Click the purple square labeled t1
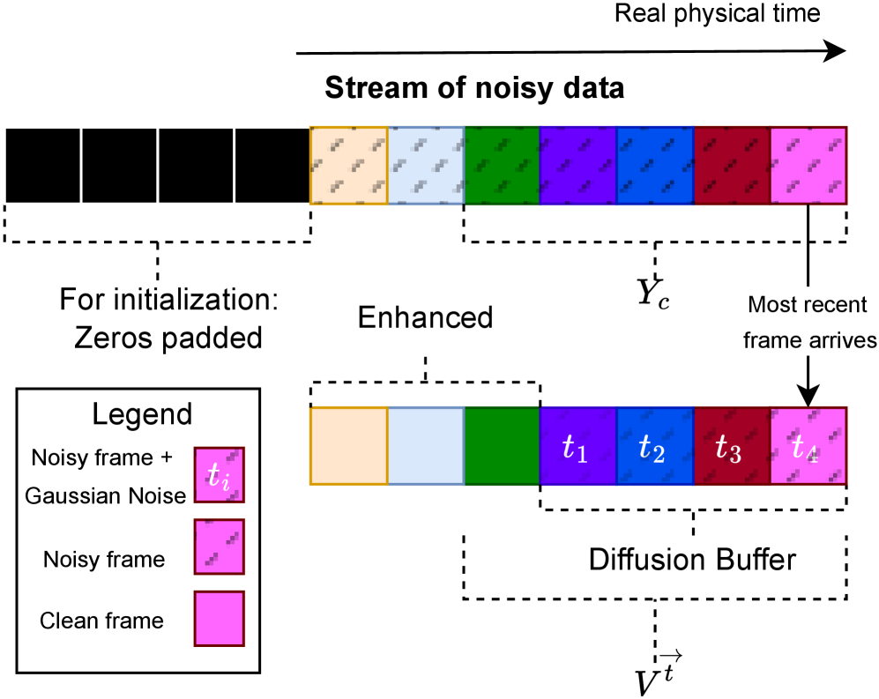tap(577, 446)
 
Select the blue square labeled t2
tap(654, 446)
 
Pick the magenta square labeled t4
tap(808, 446)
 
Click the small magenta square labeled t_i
tap(220, 474)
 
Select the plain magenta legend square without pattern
tap(220, 618)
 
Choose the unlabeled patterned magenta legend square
tap(220, 547)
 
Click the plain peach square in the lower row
tap(348, 446)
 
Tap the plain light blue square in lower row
tap(425, 446)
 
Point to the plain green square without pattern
tap(502, 446)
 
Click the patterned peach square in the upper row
tap(348, 166)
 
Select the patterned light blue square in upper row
tap(425, 166)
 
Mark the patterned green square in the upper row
tap(502, 166)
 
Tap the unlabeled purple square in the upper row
tap(577, 166)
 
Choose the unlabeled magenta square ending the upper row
tap(808, 166)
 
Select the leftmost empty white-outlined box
tap(43, 166)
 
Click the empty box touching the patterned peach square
tap(272, 166)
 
